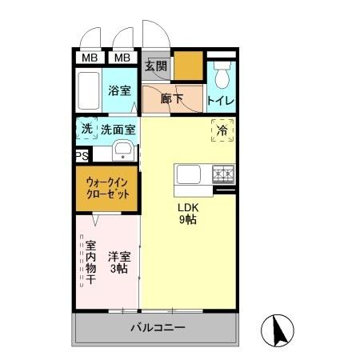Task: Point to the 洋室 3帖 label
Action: click(x=120, y=262)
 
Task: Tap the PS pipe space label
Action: click(x=81, y=157)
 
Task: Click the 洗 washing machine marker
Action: click(x=86, y=128)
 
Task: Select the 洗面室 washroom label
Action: click(x=118, y=128)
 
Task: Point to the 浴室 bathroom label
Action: click(x=120, y=90)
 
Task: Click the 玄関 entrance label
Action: click(x=155, y=66)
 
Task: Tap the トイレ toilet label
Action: click(x=220, y=101)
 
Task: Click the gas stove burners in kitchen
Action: click(x=223, y=172)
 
